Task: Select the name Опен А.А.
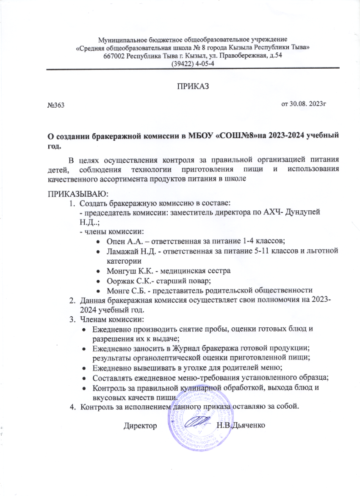(x=122, y=241)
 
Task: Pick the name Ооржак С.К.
(x=125, y=281)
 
